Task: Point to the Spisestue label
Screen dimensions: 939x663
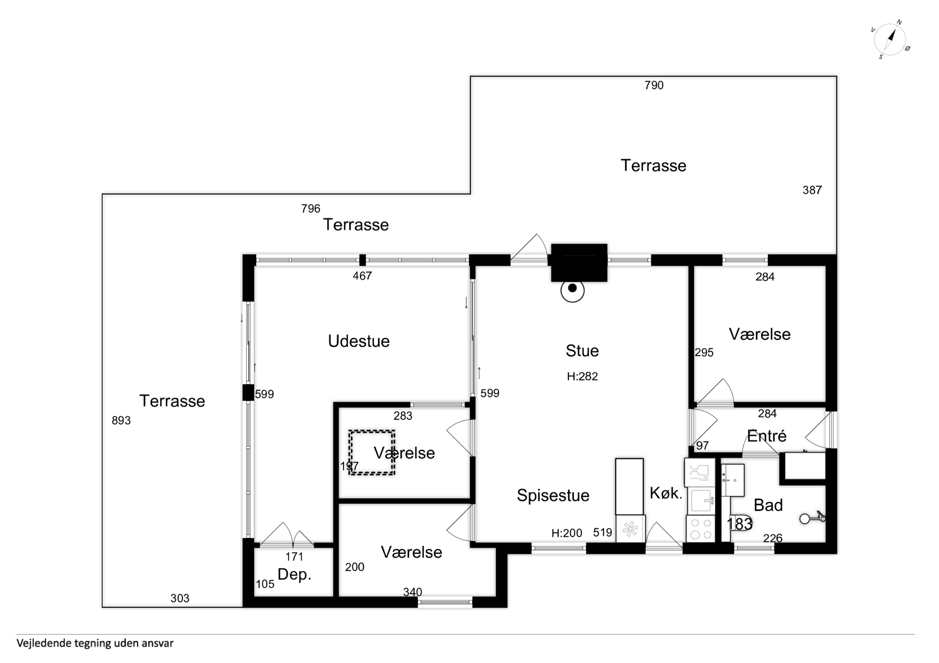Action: coord(553,495)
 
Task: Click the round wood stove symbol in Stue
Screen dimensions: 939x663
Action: coord(572,290)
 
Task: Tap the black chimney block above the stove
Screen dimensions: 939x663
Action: coord(579,263)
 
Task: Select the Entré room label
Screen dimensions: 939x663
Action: coord(767,435)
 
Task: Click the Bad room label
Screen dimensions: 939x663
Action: coord(768,505)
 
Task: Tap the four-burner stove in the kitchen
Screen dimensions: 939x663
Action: coord(701,529)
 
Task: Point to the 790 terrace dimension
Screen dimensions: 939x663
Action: coord(654,85)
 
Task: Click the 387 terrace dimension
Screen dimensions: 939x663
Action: coord(812,190)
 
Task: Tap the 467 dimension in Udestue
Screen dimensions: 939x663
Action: coord(362,276)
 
